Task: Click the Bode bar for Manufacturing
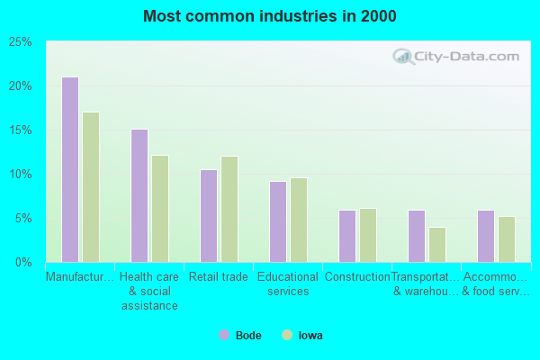click(x=70, y=169)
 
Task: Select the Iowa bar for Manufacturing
click(x=91, y=187)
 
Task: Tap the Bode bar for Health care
click(x=139, y=195)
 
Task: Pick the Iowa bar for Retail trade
click(x=229, y=209)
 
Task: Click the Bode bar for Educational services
click(x=278, y=221)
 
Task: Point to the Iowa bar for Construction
click(x=368, y=235)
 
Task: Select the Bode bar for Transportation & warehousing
click(x=417, y=236)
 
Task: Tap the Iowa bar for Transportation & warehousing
click(x=437, y=245)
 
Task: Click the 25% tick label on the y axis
click(x=21, y=42)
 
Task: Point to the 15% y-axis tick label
click(x=21, y=130)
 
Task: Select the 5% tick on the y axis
click(x=23, y=219)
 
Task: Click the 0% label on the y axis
click(x=23, y=263)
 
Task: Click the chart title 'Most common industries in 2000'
click(x=269, y=16)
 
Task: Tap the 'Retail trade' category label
click(x=219, y=277)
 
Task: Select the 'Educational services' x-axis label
click(x=288, y=284)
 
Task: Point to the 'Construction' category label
click(x=357, y=277)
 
